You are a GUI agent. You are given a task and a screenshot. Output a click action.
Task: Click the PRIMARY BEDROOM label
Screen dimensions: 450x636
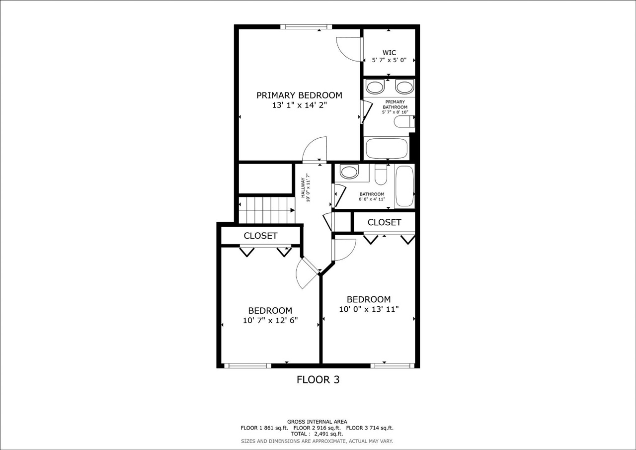(x=299, y=95)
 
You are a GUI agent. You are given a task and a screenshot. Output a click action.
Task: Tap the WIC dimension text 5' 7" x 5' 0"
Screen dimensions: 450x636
(x=389, y=60)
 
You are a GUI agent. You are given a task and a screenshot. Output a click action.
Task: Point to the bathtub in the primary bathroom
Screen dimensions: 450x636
(x=386, y=148)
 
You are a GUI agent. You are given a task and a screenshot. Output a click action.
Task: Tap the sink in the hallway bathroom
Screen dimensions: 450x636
(x=350, y=173)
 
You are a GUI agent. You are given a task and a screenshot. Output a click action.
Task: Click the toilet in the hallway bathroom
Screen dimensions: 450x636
(x=381, y=175)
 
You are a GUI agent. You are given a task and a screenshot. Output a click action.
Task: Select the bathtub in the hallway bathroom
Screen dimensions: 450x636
(x=404, y=186)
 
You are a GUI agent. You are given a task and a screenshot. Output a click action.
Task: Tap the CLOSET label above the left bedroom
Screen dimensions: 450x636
(x=260, y=236)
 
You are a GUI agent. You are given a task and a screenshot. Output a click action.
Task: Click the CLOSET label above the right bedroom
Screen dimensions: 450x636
(x=384, y=222)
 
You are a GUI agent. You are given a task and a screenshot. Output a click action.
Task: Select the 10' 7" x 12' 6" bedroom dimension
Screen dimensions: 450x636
(x=270, y=321)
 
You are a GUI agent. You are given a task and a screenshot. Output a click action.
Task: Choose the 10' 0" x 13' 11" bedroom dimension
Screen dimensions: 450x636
(x=369, y=309)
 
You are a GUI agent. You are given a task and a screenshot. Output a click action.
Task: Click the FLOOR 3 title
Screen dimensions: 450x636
(x=318, y=380)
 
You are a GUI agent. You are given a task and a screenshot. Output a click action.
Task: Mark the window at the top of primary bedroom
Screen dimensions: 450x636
(x=306, y=27)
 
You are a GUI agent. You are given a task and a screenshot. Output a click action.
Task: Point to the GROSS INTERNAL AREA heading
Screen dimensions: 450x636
(x=317, y=421)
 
